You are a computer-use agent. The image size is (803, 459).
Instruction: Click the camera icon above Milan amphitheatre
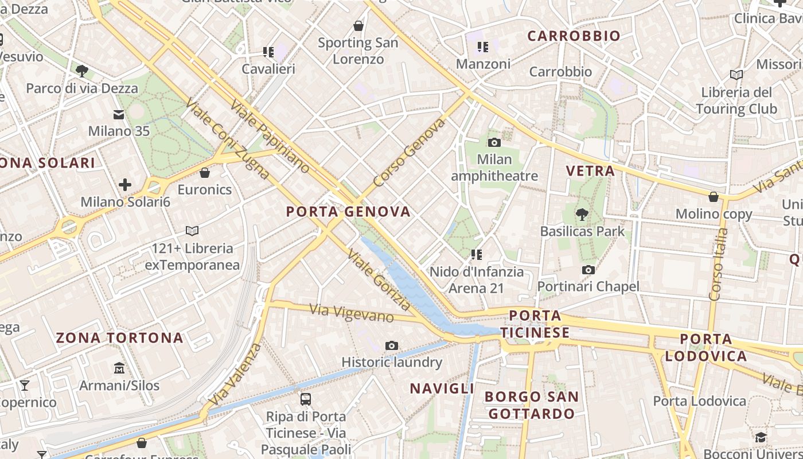(494, 142)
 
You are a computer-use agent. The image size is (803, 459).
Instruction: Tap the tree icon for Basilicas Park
(582, 215)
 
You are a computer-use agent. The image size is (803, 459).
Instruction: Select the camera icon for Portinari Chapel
(588, 270)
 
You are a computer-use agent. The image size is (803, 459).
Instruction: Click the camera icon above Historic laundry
(392, 345)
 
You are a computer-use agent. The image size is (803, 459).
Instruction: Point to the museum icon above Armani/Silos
(119, 368)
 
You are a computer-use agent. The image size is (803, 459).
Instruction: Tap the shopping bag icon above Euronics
(205, 173)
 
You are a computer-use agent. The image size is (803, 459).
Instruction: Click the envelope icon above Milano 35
(119, 114)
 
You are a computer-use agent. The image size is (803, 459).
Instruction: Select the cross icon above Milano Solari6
(125, 185)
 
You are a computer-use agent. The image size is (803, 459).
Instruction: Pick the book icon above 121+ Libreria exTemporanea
(192, 231)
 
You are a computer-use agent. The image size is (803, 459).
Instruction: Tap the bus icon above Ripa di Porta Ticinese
(306, 399)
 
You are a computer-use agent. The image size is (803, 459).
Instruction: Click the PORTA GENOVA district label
(349, 212)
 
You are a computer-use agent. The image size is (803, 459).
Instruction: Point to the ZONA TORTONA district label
(119, 337)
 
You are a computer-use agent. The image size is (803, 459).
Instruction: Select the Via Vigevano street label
(352, 313)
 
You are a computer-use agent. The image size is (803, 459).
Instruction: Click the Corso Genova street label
(409, 153)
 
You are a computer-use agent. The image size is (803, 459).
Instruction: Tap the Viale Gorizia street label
(378, 278)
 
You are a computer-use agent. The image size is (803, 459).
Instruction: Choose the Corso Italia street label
(718, 264)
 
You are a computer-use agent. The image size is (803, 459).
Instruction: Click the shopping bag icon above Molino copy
(714, 197)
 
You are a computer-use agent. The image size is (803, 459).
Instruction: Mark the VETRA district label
(590, 170)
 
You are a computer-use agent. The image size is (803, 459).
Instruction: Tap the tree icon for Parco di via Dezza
(82, 71)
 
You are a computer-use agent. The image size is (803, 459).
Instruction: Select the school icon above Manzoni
(483, 46)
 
